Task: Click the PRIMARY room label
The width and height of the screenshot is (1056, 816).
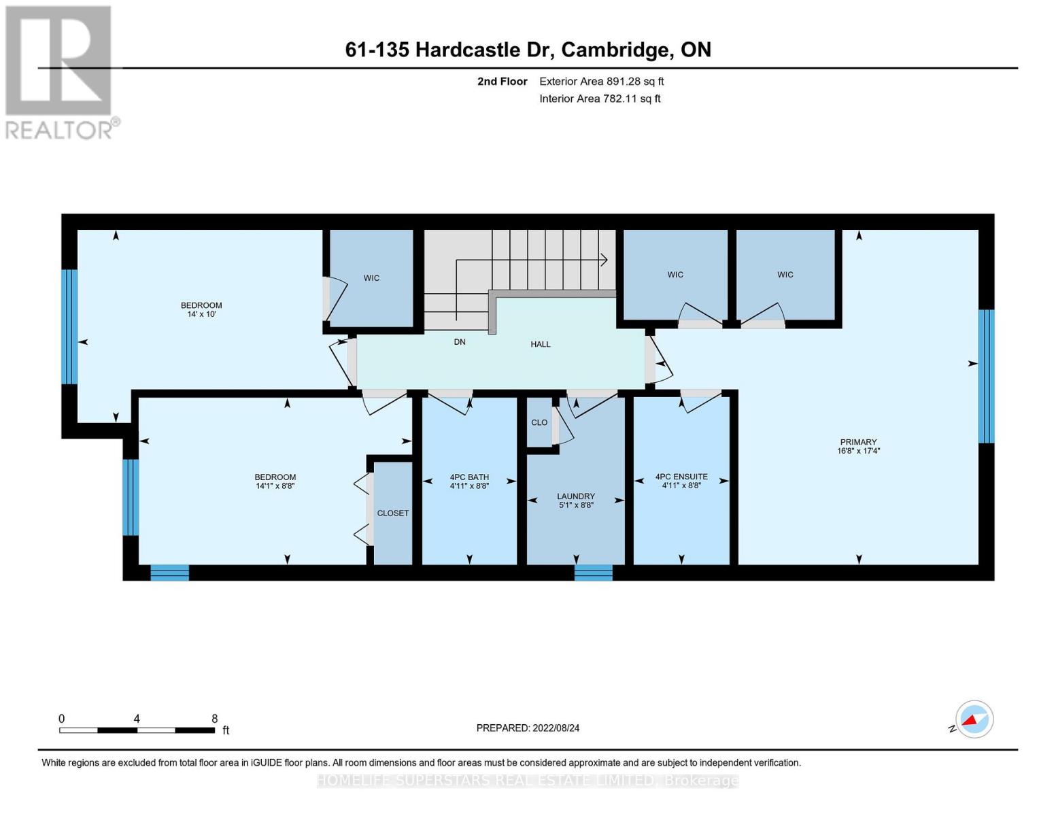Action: pos(857,442)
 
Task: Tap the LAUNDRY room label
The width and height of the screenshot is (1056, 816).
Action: pos(576,496)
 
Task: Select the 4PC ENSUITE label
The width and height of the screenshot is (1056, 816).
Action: pos(681,477)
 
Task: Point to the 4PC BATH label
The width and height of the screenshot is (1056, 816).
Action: pos(469,477)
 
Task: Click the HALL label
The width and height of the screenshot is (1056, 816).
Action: pos(541,344)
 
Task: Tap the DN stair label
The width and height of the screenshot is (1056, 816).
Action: pos(459,341)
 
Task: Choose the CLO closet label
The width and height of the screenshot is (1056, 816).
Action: pos(539,422)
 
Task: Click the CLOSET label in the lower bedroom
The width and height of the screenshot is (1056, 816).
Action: pos(392,513)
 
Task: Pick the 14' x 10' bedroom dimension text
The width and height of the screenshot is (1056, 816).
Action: pos(201,314)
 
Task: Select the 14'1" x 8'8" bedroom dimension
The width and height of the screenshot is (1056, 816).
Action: pos(275,486)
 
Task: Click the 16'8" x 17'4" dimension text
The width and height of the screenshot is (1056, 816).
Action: pos(858,451)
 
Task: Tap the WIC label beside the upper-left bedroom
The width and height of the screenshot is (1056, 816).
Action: pos(371,278)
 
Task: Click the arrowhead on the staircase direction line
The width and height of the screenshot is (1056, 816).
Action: pos(604,260)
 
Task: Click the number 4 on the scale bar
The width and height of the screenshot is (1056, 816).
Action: pos(137,718)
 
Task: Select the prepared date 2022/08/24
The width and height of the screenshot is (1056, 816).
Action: pos(556,728)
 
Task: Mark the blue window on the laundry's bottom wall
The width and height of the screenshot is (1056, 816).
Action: pos(594,573)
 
